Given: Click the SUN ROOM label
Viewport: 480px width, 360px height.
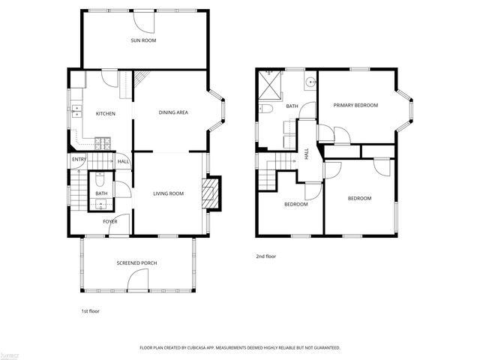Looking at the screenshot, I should click(144, 40).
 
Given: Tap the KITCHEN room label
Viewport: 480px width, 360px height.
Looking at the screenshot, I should click(105, 113).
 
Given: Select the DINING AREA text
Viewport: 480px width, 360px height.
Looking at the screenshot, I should click(172, 112).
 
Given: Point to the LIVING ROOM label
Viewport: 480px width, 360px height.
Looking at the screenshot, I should click(168, 194).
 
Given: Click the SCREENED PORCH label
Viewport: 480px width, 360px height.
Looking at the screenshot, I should click(136, 262).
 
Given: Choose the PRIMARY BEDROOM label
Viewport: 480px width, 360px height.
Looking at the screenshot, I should click(355, 105).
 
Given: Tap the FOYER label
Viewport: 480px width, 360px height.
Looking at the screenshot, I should click(110, 221).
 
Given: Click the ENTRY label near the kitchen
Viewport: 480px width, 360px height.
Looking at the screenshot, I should click(79, 160).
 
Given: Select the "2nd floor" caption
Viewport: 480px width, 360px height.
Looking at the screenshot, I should click(265, 256).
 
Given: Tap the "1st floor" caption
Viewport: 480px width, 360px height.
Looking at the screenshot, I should click(90, 310).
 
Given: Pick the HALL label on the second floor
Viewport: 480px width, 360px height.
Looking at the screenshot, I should click(306, 153).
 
